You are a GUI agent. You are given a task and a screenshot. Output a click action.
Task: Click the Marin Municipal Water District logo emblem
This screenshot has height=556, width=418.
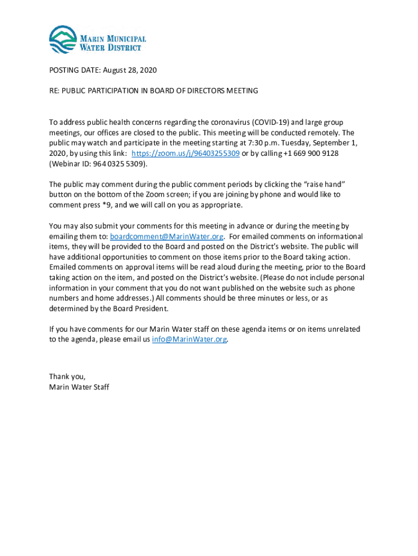63,40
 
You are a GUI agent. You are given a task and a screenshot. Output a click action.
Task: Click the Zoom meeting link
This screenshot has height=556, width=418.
186,153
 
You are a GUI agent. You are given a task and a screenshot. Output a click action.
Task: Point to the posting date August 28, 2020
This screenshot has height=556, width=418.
129,71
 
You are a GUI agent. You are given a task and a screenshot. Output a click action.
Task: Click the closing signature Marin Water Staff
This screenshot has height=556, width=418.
79,387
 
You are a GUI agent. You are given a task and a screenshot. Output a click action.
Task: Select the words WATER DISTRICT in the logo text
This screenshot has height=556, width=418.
111,47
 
